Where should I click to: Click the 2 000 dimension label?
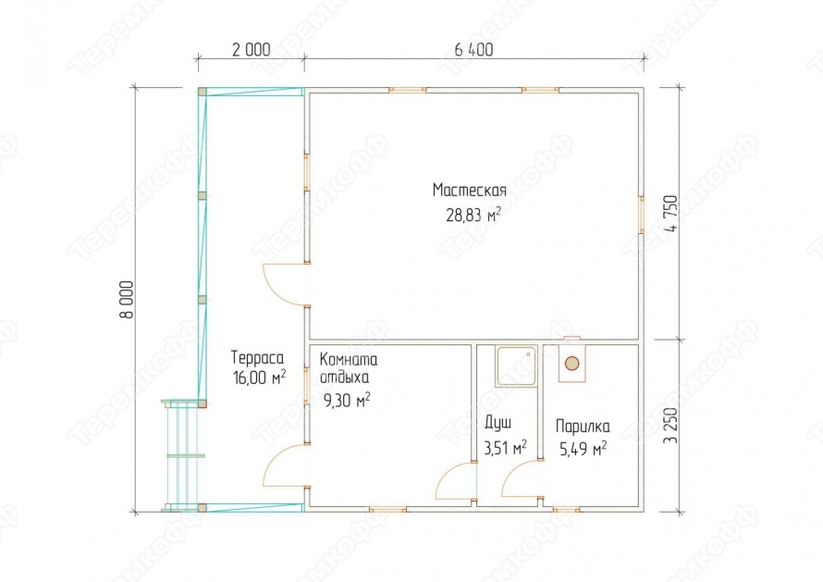[251, 50]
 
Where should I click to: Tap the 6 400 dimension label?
[474, 50]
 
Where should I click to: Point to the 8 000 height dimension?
[127, 300]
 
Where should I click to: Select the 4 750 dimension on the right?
[670, 213]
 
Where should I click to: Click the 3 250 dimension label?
[670, 426]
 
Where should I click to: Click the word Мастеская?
[469, 191]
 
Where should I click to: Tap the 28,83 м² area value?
[473, 215]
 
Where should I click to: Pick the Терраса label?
[257, 358]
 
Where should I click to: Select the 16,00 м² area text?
[259, 378]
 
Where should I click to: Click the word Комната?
[348, 359]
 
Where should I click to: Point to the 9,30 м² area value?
[347, 401]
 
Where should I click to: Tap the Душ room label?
[497, 423]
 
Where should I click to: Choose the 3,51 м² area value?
[505, 448]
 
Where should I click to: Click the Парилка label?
[583, 426]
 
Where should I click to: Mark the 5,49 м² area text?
[583, 449]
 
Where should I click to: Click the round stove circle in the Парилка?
[572, 363]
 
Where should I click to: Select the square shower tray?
[516, 366]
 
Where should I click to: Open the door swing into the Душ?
[456, 480]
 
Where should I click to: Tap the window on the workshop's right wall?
[642, 215]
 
